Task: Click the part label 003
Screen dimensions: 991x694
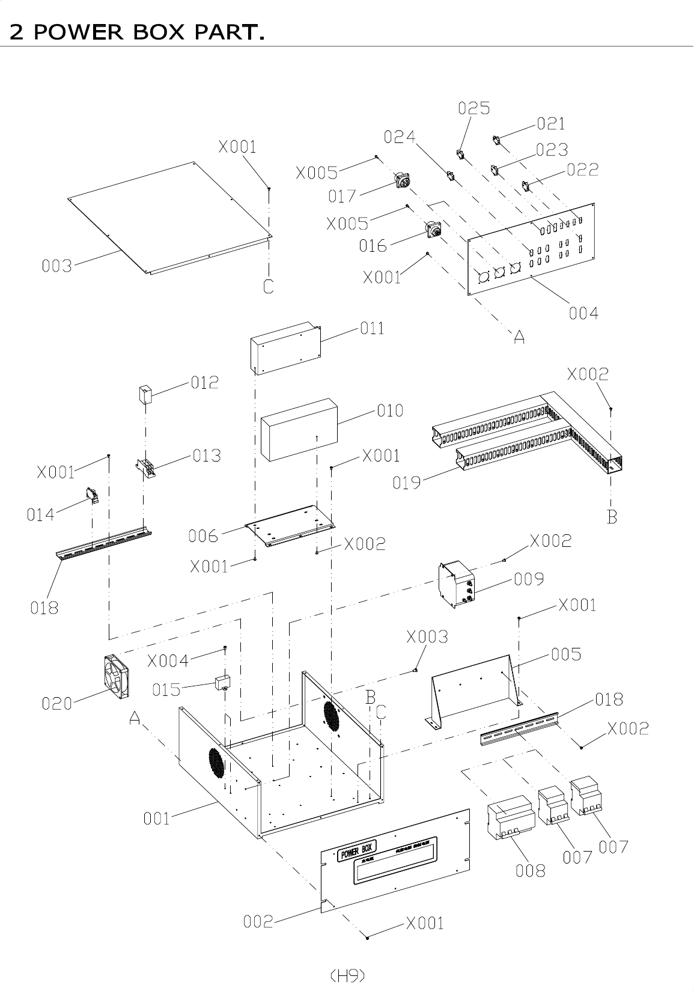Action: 56,266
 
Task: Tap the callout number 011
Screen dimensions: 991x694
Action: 371,328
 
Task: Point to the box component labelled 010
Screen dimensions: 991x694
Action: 299,428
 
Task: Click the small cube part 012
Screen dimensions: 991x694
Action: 145,394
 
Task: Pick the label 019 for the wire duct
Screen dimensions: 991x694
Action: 407,483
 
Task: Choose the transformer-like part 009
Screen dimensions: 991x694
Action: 458,584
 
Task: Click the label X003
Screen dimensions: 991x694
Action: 427,637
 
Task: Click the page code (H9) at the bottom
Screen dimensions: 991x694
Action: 347,975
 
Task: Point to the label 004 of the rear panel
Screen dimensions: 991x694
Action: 583,313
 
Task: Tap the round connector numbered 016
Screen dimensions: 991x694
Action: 433,231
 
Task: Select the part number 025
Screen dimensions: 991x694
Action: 474,108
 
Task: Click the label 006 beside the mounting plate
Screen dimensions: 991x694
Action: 203,536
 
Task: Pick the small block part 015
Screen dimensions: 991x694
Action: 224,682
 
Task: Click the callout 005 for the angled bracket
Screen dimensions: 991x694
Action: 566,654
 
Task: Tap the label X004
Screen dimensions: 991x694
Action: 168,661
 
